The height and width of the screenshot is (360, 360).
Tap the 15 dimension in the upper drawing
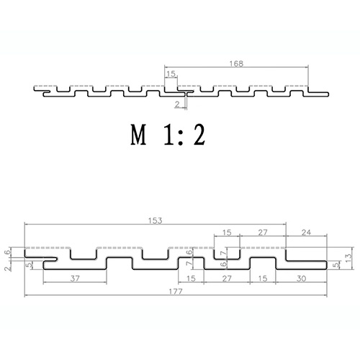[171, 73]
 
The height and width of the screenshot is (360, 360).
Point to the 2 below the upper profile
[178, 104]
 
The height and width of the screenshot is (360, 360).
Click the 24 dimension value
[305, 232]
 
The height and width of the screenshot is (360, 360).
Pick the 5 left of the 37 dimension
[29, 265]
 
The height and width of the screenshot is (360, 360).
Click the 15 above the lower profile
[227, 232]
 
